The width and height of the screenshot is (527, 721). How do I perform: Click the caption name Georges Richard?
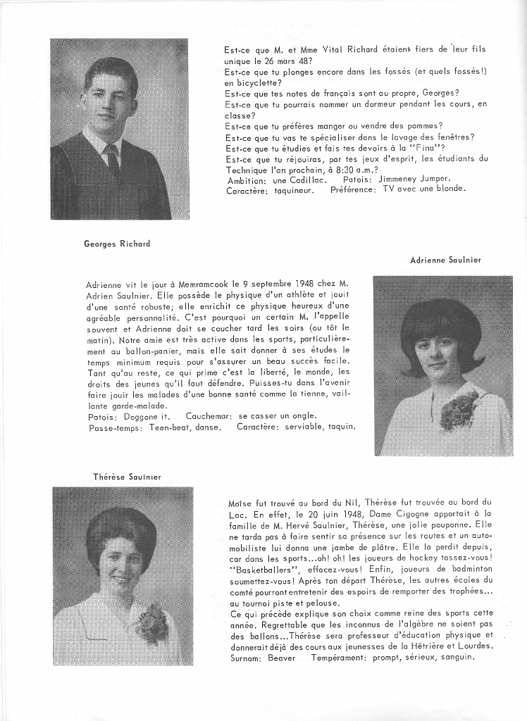[117, 244]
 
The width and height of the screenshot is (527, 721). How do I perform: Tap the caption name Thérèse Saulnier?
[128, 477]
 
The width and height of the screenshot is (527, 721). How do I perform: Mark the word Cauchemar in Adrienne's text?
[209, 415]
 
